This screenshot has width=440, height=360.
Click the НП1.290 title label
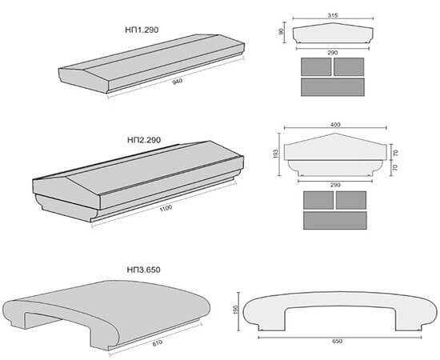pos(142,30)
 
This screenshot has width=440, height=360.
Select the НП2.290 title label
pos(144,140)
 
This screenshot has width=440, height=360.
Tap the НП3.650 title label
pos(143,270)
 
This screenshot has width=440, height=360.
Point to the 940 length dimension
pos(178,82)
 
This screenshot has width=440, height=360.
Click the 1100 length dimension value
pos(166,209)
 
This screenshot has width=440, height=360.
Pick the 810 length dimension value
pos(158,343)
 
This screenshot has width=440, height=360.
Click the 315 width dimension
pos(333,15)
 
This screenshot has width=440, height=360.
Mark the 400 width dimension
pos(335,125)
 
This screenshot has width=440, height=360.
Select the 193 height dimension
pos(275,154)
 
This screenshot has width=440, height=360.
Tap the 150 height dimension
pos(235,310)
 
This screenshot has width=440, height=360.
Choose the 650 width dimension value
pos(338,342)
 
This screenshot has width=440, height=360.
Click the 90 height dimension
pos(281,32)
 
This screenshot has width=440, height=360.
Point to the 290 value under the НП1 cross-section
pos(333,53)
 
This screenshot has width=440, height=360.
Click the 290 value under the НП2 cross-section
pos(335,185)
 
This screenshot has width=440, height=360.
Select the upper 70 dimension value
pos(396,153)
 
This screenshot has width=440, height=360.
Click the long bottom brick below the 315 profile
pos(333,87)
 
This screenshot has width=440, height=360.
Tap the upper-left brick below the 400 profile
pos(318,200)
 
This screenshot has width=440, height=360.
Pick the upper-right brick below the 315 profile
pos(349,66)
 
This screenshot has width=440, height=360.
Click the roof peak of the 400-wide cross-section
pos(336,134)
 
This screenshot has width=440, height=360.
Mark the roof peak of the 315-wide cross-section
pos(333,23)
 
